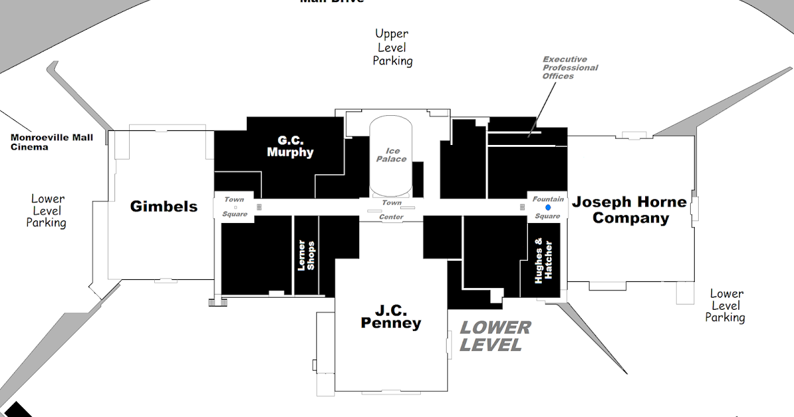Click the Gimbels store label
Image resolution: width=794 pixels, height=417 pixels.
(163, 207)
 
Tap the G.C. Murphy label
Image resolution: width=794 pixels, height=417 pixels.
(290, 146)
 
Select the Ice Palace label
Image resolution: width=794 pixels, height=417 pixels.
(392, 155)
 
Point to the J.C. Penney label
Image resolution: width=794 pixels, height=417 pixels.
(390, 316)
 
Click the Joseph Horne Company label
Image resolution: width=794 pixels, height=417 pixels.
(630, 210)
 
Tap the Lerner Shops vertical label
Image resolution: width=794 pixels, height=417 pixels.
(306, 255)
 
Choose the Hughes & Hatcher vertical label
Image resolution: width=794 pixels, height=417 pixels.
(543, 261)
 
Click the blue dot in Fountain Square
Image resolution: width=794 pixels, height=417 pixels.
(548, 207)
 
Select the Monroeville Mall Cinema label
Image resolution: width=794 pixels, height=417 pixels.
(52, 142)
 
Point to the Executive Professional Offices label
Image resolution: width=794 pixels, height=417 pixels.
(570, 68)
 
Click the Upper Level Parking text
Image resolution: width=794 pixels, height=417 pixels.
(392, 47)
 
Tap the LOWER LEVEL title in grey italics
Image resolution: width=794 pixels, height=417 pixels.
(495, 336)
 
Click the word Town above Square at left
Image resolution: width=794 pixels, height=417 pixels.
(234, 199)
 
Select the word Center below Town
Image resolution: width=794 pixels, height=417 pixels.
(391, 217)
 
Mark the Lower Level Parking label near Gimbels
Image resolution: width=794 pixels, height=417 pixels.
(47, 210)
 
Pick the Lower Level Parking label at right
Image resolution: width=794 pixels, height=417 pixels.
(726, 305)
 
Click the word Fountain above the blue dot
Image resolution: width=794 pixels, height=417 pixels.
(549, 199)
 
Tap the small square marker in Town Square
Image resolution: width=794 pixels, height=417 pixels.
(236, 207)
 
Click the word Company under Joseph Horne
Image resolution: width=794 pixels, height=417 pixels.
(631, 218)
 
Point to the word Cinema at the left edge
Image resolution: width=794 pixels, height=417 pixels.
(30, 147)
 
